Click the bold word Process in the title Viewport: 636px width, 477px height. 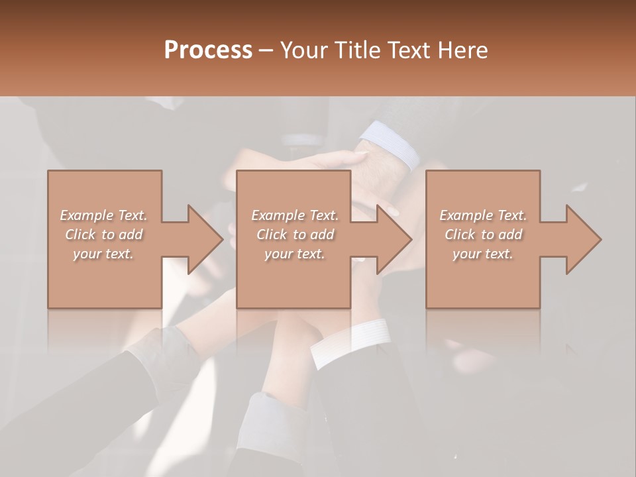(208, 50)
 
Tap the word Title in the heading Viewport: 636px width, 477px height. (358, 50)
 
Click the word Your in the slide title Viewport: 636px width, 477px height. (305, 50)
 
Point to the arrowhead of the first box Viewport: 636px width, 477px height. (205, 239)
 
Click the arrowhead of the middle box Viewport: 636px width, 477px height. (394, 239)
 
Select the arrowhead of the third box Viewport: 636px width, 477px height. (583, 239)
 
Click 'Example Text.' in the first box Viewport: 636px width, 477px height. (103, 215)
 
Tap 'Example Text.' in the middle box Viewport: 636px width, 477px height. (295, 215)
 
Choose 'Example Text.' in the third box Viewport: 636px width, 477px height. (483, 215)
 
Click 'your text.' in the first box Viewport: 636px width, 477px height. (103, 254)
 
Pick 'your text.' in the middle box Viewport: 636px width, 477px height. (295, 254)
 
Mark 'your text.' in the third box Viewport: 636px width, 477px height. (483, 254)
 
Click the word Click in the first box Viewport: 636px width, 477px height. (81, 235)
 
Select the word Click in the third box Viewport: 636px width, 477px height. (460, 235)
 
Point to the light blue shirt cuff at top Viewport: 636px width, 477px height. (391, 144)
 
